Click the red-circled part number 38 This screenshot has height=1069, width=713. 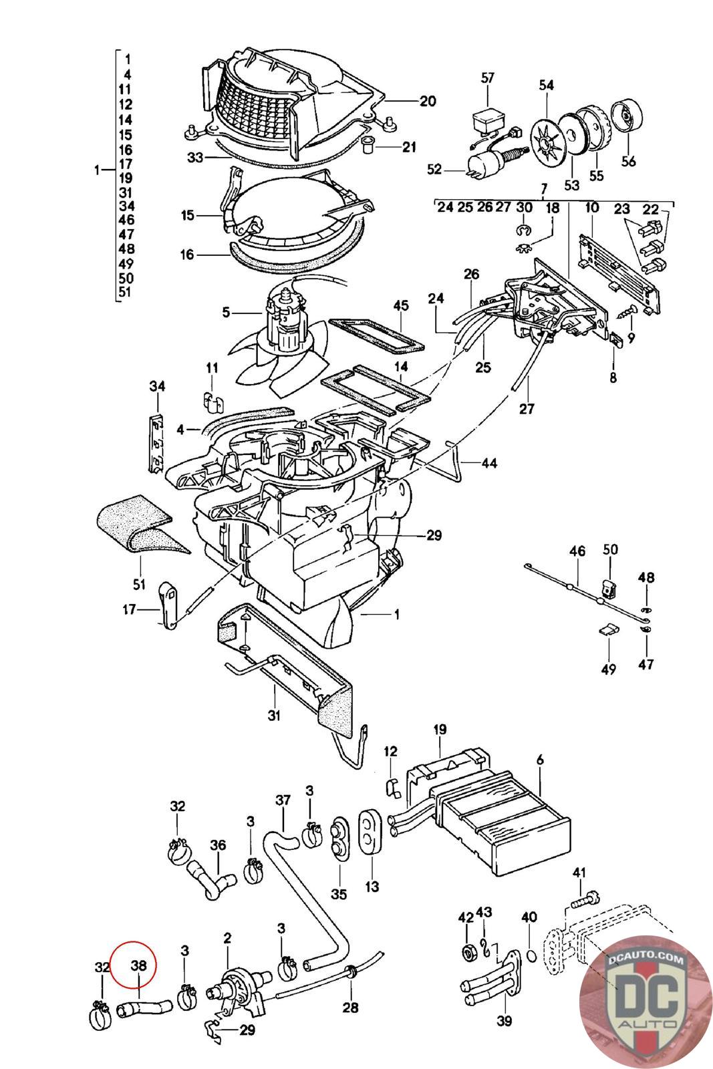point(138,965)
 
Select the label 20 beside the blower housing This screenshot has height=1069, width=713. point(428,102)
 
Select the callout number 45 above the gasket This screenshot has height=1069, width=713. point(401,306)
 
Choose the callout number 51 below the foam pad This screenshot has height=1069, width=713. point(139,585)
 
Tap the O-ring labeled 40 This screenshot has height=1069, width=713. point(530,957)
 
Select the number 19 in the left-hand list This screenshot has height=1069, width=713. point(126,178)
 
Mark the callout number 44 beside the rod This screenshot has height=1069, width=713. point(489,463)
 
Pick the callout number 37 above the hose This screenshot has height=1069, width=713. point(283,800)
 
